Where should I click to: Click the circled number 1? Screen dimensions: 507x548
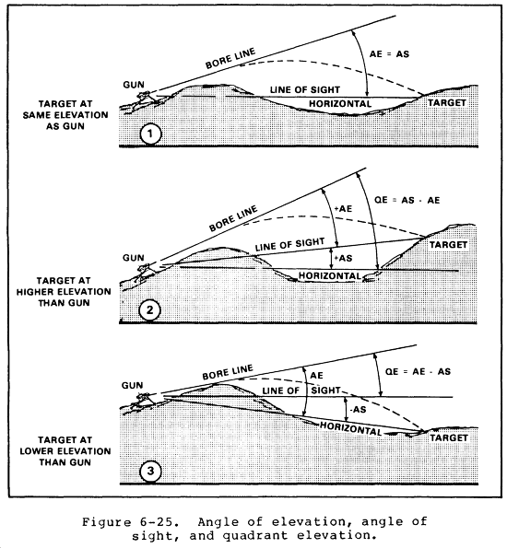pyautogui.click(x=150, y=134)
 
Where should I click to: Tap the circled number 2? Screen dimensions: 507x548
pyautogui.click(x=149, y=310)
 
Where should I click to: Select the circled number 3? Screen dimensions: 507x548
pyautogui.click(x=150, y=472)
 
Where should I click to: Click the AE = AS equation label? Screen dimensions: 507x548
pyautogui.click(x=389, y=54)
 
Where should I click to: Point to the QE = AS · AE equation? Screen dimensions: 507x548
pyautogui.click(x=407, y=200)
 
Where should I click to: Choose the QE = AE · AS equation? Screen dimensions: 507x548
pyautogui.click(x=418, y=371)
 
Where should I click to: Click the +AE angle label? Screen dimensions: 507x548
pyautogui.click(x=343, y=209)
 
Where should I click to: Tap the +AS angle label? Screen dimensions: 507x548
pyautogui.click(x=343, y=258)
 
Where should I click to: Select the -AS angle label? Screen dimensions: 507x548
pyautogui.click(x=358, y=409)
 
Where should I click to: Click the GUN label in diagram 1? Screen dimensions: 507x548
pyautogui.click(x=134, y=85)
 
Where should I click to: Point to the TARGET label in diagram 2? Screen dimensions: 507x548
pyautogui.click(x=448, y=245)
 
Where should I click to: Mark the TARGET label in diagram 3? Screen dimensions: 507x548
pyautogui.click(x=449, y=437)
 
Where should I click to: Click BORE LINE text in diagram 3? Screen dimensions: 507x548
pyautogui.click(x=228, y=372)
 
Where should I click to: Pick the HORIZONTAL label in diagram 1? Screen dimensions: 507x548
pyautogui.click(x=340, y=104)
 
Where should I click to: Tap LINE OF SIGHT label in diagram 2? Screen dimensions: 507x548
pyautogui.click(x=289, y=245)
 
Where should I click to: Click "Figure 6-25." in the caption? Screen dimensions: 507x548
pyautogui.click(x=128, y=522)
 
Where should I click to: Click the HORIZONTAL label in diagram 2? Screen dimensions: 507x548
pyautogui.click(x=330, y=276)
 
